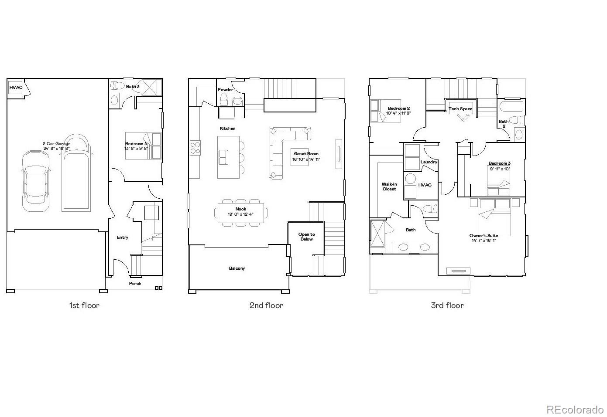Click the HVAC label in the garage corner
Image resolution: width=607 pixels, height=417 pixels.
pos(16,88)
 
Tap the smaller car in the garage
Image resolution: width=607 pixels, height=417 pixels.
pos(35,181)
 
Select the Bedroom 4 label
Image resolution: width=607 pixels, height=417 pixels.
pos(136,144)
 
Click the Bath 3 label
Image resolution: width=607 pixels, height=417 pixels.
pos(133,87)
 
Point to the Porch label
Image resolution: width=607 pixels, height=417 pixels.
pos(135,284)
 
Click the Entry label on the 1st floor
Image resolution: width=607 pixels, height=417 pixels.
pos(123,237)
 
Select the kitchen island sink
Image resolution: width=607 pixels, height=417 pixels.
pos(223,157)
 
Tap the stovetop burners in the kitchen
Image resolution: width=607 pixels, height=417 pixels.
pos(195,148)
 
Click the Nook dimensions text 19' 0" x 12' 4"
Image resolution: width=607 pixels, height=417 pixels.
pos(240,214)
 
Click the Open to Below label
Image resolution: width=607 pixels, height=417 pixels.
pos(306,237)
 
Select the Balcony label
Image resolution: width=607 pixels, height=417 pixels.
pos(237,268)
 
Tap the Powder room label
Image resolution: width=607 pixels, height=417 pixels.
pos(225,90)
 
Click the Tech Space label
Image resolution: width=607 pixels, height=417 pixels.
pos(460,109)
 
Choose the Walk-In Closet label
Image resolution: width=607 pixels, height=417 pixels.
pos(389,186)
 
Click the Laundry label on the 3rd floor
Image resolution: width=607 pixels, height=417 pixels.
pos(429,162)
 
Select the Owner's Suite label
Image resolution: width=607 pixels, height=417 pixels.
pos(484,236)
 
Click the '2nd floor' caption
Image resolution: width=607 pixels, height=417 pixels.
pos(266,305)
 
